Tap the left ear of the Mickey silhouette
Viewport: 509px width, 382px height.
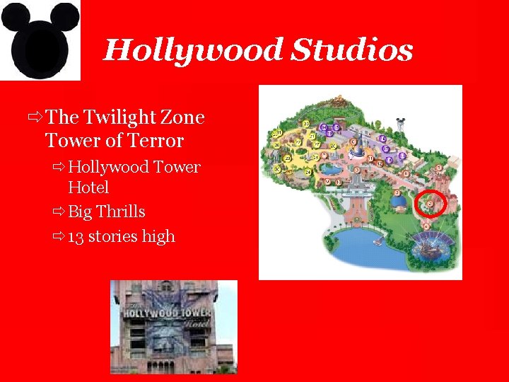click(x=16, y=18)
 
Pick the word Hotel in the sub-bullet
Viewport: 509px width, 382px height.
click(x=88, y=187)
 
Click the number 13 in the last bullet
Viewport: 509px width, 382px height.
click(x=76, y=236)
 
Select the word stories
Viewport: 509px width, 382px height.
click(x=113, y=236)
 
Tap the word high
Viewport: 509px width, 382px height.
click(x=158, y=236)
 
